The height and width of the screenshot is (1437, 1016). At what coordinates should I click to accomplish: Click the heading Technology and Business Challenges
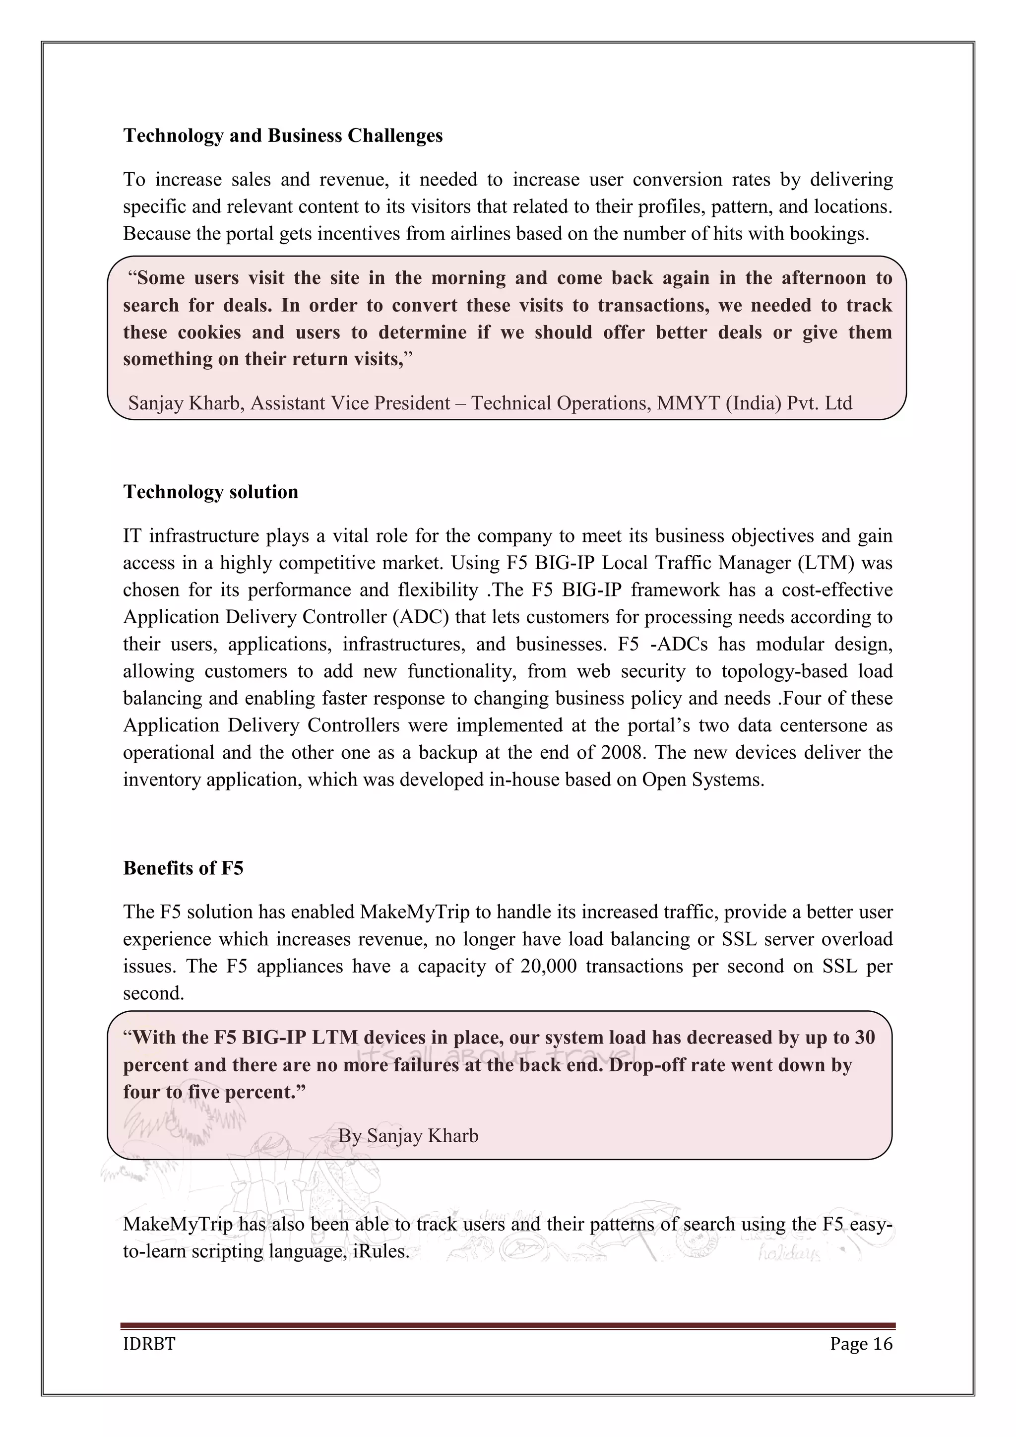283,136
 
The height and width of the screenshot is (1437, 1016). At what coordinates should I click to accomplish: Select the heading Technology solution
210,492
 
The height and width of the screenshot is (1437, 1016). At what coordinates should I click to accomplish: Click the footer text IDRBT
149,1344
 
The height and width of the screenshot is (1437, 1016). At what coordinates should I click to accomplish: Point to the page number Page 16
861,1344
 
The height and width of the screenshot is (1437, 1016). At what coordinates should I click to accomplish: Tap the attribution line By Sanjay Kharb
408,1135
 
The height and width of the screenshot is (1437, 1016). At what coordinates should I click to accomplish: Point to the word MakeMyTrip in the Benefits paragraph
415,912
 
